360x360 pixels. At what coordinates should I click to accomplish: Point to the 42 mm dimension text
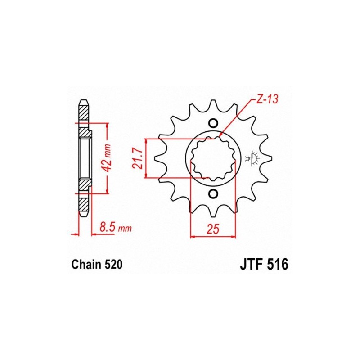[x=106, y=158]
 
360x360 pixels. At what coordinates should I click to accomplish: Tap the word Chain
[x=86, y=265]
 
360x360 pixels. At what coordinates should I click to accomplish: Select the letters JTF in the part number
[x=251, y=265]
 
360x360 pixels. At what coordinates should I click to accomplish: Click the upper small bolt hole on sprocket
[x=213, y=123]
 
